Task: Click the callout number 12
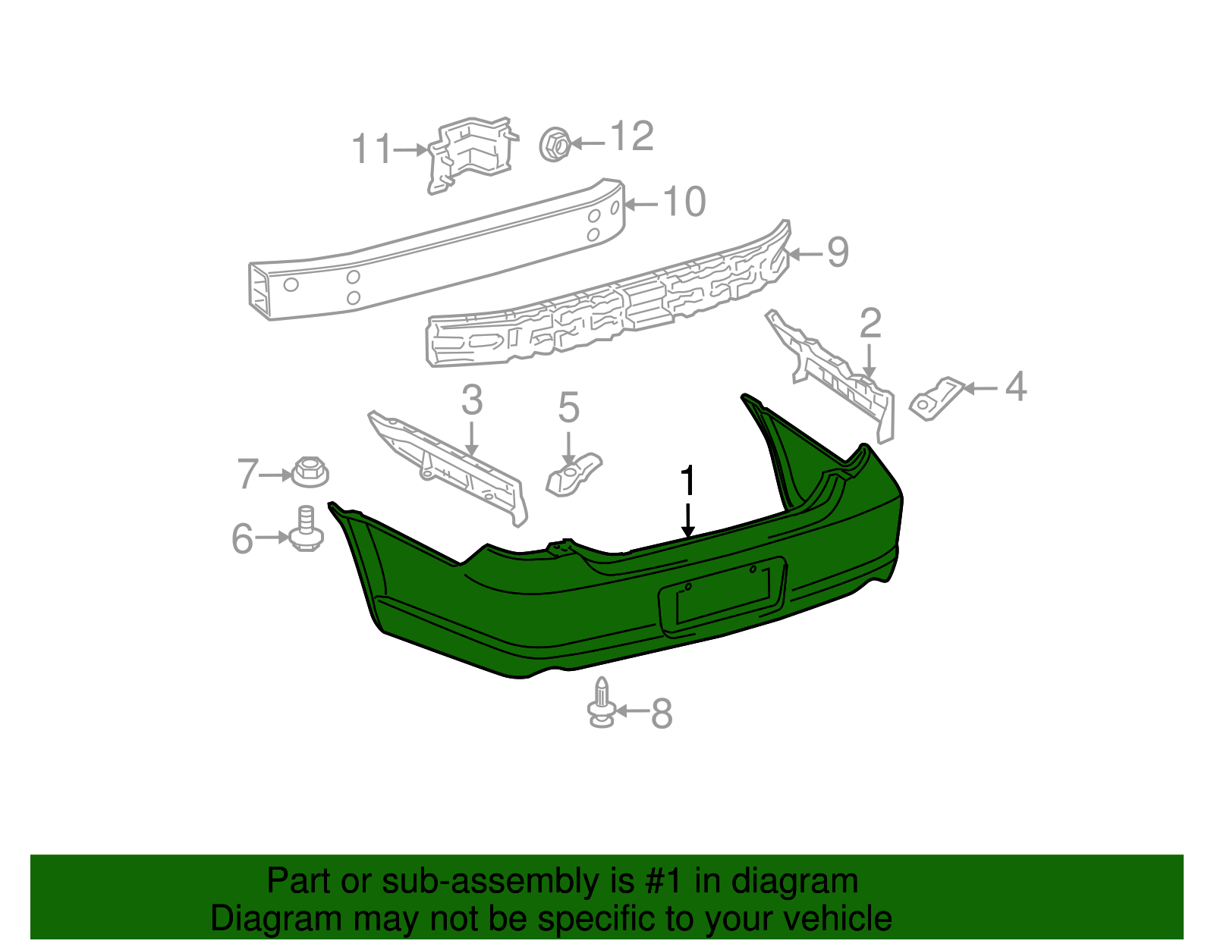pyautogui.click(x=632, y=136)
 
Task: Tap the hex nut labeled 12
pyautogui.click(x=555, y=144)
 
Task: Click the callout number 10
pyautogui.click(x=684, y=202)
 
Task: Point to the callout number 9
pyautogui.click(x=838, y=252)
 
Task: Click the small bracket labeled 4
pyautogui.click(x=935, y=398)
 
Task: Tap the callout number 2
pyautogui.click(x=870, y=324)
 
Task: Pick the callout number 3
pyautogui.click(x=472, y=400)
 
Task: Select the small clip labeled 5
pyautogui.click(x=573, y=475)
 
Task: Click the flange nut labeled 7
pyautogui.click(x=309, y=472)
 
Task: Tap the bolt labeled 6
pyautogui.click(x=306, y=528)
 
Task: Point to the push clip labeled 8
pyautogui.click(x=601, y=704)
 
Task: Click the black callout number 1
pyautogui.click(x=688, y=481)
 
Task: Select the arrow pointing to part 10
pyautogui.click(x=641, y=204)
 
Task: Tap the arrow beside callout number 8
pyautogui.click(x=631, y=711)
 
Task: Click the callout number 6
pyautogui.click(x=242, y=539)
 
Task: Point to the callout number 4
pyautogui.click(x=1016, y=387)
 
